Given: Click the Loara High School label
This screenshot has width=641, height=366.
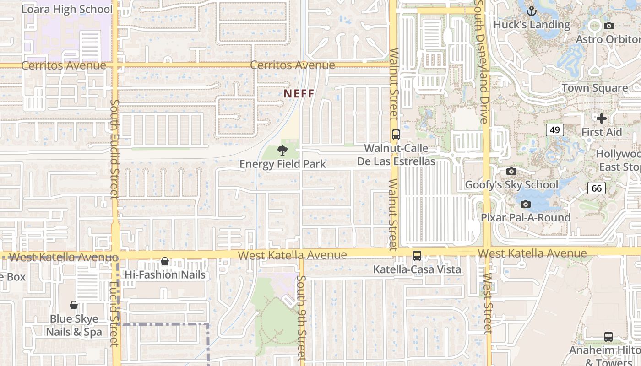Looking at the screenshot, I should coord(67,9).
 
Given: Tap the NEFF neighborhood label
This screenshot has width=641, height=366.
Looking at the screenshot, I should coord(299,94).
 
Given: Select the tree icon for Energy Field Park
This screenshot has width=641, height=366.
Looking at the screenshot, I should coord(282,150).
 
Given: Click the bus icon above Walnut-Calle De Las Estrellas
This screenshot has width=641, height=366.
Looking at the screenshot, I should coord(396,135).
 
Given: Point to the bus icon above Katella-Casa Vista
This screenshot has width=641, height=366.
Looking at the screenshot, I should coord(417,256).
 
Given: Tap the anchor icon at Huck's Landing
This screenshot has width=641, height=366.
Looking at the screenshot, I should coord(532,11).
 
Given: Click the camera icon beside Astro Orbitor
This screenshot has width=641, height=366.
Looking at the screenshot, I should coord(608,26).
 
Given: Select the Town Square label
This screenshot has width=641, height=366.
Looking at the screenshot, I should coord(595,88).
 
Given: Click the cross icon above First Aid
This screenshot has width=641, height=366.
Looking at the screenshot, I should coord(602,118).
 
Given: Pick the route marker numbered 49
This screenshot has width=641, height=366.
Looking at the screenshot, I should coord(554,130).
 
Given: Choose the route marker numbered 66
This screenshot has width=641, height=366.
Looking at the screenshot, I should coord(597,188).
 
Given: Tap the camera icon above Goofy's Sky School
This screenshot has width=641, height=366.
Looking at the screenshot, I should coord(511,172).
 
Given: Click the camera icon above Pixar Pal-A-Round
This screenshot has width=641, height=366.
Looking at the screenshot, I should coord(526,204).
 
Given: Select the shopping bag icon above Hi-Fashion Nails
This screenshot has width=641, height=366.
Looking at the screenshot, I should coord(165,262).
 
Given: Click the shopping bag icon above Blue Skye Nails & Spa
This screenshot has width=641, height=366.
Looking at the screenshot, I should coord(74,305).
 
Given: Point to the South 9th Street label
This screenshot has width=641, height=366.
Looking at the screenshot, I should coord(301,318).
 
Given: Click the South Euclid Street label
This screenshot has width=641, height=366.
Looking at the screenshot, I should coord(114,149).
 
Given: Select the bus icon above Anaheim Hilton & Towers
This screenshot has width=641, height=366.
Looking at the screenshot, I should coord(608,337).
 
